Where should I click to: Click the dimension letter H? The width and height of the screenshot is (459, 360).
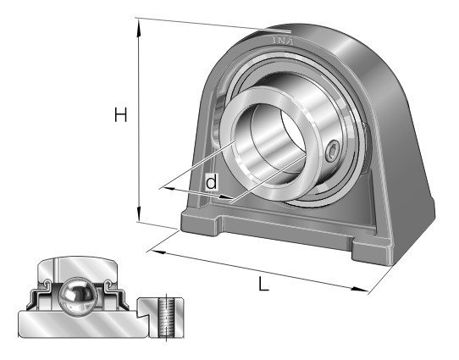[120, 114]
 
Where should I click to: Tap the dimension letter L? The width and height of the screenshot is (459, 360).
[263, 284]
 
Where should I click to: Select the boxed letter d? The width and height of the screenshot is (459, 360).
[212, 182]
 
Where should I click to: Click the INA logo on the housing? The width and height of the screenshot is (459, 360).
[283, 41]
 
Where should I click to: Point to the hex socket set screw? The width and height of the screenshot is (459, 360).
[333, 151]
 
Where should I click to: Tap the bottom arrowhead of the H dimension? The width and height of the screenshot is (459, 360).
[138, 213]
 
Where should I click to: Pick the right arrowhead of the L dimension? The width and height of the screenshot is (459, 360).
[359, 289]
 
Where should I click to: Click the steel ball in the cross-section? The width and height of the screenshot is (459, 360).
[77, 296]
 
